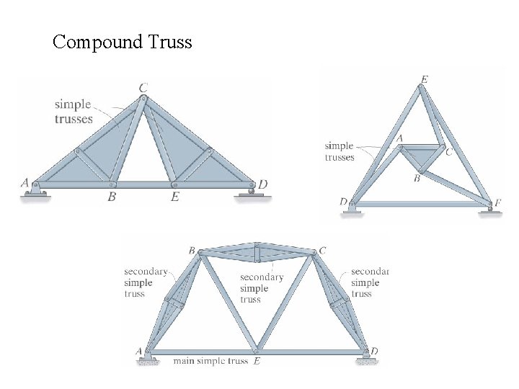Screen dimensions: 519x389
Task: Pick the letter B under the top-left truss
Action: coord(111,196)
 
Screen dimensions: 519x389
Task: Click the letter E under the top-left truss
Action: coord(174,196)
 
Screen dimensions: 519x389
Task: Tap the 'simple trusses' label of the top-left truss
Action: coord(74,112)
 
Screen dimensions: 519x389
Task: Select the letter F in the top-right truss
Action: coord(498,203)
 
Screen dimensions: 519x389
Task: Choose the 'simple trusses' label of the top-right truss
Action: coord(340,151)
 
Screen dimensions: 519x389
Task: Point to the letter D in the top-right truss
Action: coord(343,202)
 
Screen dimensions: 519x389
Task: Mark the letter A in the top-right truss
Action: coord(399,138)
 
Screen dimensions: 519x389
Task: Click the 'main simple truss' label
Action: coord(210,361)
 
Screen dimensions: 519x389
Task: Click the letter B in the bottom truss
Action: coord(192,251)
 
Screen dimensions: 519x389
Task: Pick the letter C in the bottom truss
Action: coord(322,251)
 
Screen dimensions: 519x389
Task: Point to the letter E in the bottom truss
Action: coord(257,361)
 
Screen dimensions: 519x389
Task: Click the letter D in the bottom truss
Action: coord(374,351)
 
